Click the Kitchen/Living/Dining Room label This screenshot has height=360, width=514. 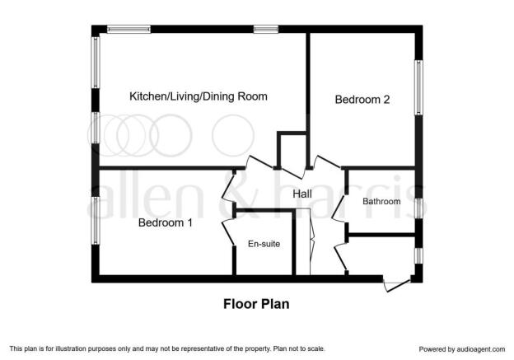point(199,96)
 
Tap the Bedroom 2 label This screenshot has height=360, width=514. point(362,100)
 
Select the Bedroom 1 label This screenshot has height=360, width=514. point(166,222)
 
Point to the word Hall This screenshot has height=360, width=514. point(302,194)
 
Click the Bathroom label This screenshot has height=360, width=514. point(381,201)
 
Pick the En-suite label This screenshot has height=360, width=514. point(264,244)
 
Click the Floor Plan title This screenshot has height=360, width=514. point(256,304)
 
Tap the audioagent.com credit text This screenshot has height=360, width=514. point(462,349)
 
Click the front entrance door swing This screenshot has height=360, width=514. point(397,285)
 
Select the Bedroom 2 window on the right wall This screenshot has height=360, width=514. point(418,87)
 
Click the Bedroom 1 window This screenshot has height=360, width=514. point(95,220)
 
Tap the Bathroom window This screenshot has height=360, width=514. point(418,208)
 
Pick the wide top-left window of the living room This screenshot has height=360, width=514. point(128,29)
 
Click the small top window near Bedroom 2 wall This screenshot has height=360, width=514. point(266,29)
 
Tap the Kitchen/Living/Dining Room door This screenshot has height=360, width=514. point(259,162)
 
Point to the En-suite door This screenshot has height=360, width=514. point(228,233)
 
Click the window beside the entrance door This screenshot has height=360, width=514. point(418,255)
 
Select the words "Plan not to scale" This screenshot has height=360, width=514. point(299,348)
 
